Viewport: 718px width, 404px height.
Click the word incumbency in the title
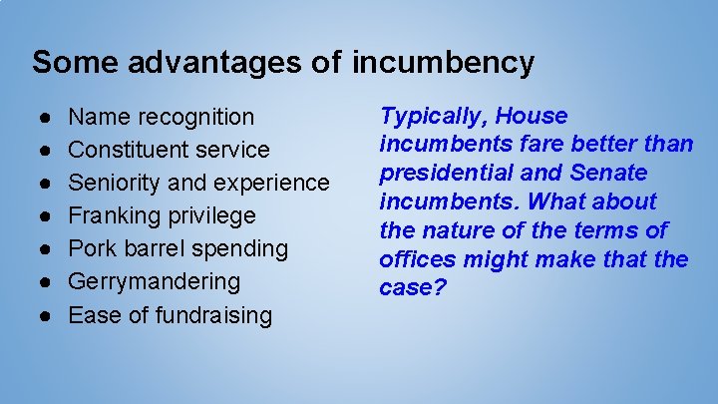[444, 63]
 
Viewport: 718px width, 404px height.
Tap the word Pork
[91, 248]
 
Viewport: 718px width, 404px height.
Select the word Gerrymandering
[154, 281]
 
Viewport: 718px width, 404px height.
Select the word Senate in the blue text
[611, 174]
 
